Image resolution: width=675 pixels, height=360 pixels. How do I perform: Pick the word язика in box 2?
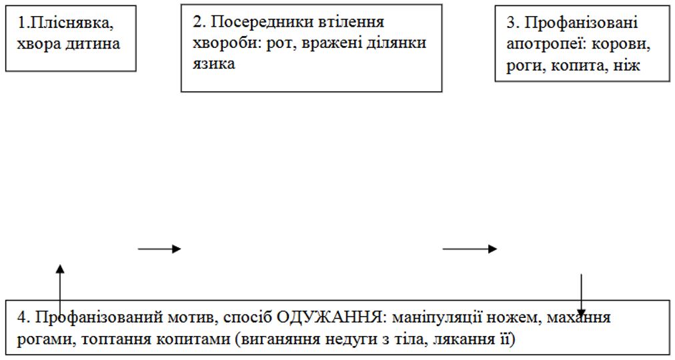pos(213,64)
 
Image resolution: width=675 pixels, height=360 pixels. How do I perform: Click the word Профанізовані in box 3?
pos(581,23)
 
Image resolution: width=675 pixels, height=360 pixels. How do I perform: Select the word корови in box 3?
pos(619,44)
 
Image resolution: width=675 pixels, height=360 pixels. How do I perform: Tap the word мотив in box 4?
pos(188,318)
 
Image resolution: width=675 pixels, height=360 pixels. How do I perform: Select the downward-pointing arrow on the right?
pos(582,295)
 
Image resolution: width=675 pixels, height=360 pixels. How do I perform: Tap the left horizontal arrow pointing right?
pos(159,249)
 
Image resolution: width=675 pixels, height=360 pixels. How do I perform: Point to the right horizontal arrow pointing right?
pos(470,249)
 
